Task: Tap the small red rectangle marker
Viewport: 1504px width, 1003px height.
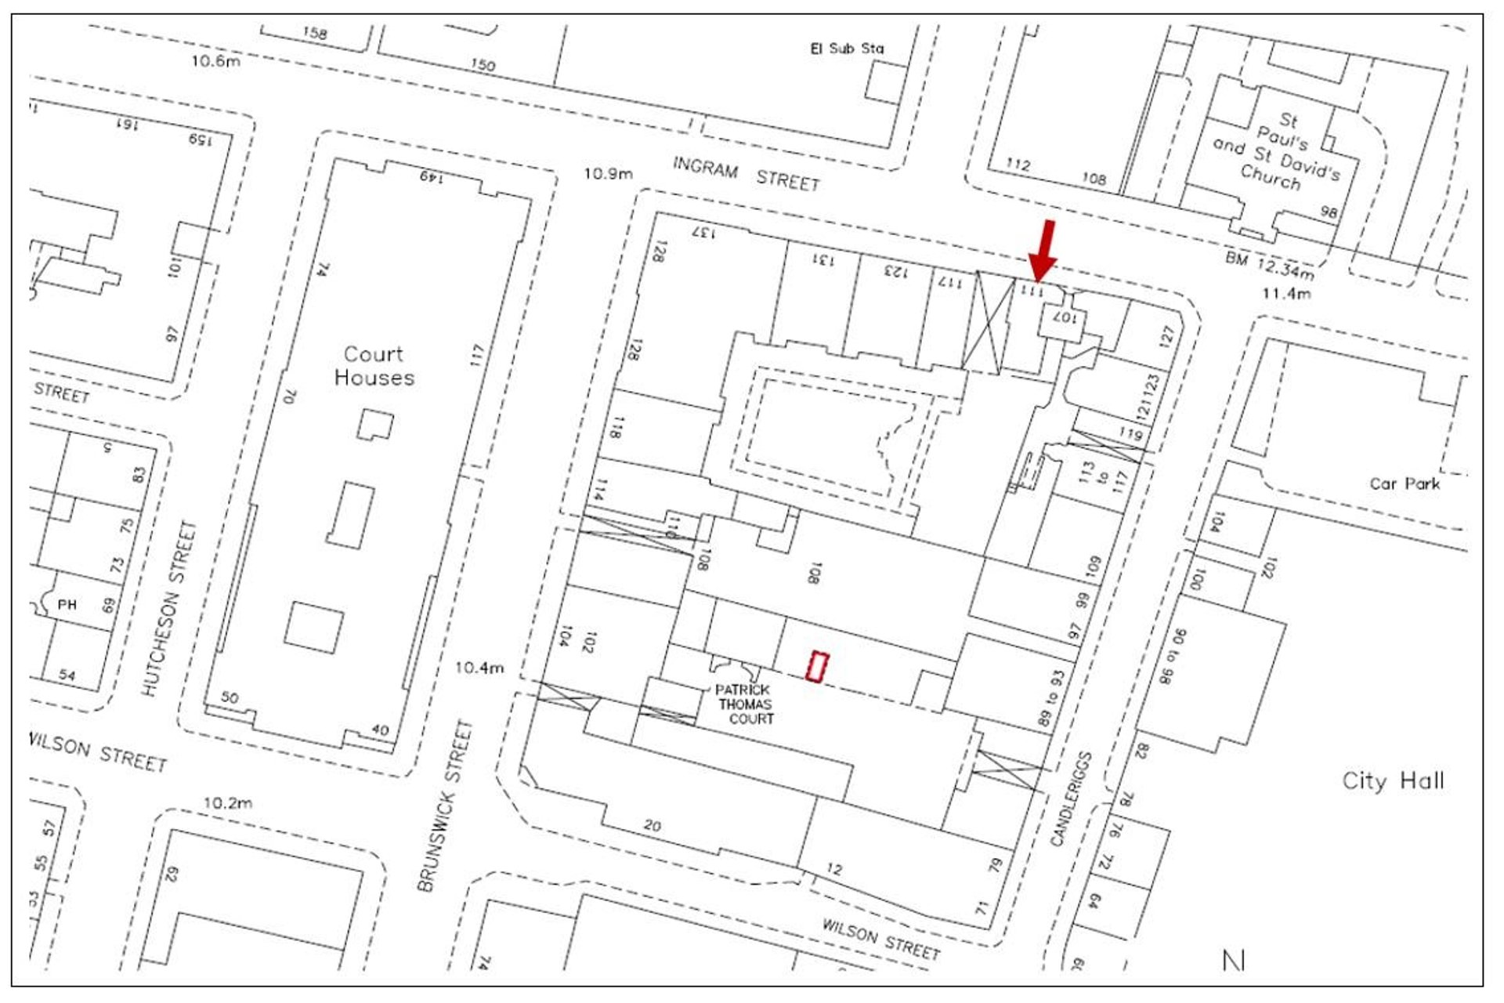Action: pyautogui.click(x=818, y=667)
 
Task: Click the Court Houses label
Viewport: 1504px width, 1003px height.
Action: pyautogui.click(x=374, y=366)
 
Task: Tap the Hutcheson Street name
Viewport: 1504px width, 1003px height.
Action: pyautogui.click(x=169, y=609)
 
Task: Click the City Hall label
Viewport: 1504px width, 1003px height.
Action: pyautogui.click(x=1393, y=780)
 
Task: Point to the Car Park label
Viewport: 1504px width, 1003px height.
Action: pyautogui.click(x=1405, y=483)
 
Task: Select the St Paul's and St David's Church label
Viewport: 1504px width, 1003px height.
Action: pyautogui.click(x=1277, y=152)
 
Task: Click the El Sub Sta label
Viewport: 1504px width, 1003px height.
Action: pyautogui.click(x=847, y=49)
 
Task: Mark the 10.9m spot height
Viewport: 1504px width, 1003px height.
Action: pyautogui.click(x=608, y=173)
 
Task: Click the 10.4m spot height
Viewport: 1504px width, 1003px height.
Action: pyautogui.click(x=479, y=668)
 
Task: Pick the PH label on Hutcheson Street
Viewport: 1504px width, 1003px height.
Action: pyautogui.click(x=67, y=604)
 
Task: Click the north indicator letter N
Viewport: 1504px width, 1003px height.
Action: pyautogui.click(x=1234, y=961)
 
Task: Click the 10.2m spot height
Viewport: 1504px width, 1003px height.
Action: pyautogui.click(x=228, y=803)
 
